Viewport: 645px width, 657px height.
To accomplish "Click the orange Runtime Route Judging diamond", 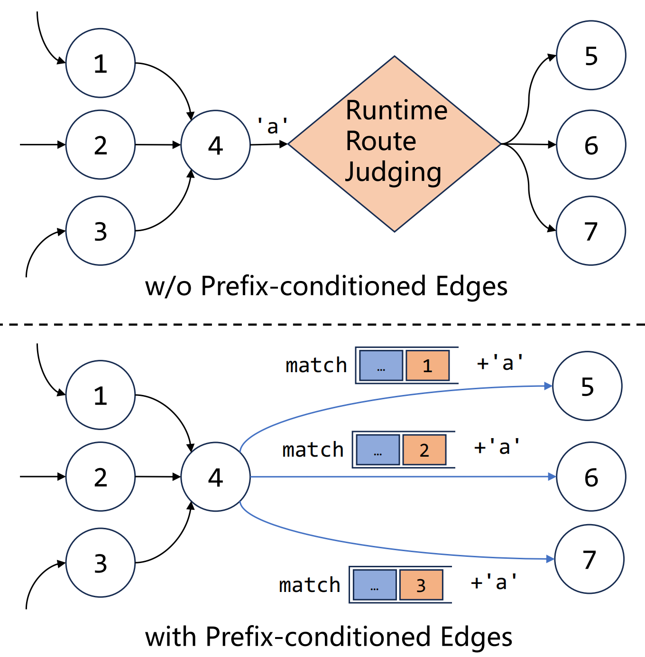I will pos(395,144).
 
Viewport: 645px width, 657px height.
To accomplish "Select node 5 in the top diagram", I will pos(591,55).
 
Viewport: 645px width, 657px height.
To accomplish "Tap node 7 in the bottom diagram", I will pos(590,559).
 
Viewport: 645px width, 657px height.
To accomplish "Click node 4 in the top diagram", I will pos(216,145).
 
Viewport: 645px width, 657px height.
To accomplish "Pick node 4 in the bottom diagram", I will pos(216,477).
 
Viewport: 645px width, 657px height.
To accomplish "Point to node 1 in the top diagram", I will pos(101,63).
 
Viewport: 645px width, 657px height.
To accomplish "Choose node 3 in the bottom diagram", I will pos(101,563).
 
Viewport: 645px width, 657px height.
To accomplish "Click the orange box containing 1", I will pos(427,366).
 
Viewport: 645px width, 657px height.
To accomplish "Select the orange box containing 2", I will pos(424,450).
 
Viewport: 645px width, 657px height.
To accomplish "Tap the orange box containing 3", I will pos(421,585).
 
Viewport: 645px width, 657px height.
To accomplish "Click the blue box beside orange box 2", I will pos(378,450).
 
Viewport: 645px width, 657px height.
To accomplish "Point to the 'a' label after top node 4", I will pos(272,126).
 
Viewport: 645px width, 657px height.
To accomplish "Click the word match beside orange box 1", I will pos(316,366).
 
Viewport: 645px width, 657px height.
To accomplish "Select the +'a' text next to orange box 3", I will pos(494,582).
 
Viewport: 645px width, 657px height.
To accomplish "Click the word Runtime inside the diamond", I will pos(396,111).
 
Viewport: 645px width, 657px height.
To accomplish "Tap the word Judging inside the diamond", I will pos(393,172).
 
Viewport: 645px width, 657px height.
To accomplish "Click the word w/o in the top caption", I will pos(168,286).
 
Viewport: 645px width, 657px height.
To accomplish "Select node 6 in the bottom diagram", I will pos(591,477).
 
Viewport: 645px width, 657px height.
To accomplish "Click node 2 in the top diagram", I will pos(101,145).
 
